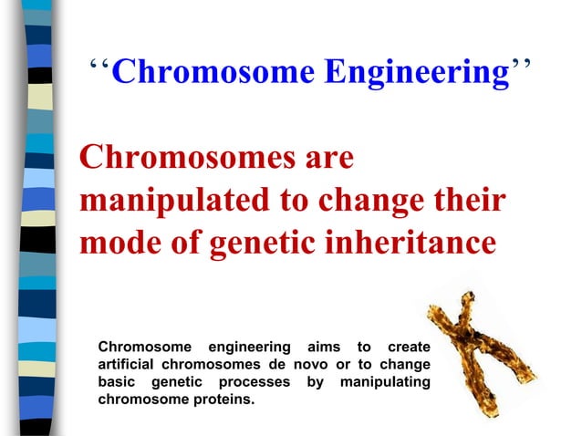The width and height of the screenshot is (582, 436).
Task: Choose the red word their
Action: (x=466, y=201)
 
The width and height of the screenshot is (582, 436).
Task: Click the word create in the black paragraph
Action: (x=409, y=347)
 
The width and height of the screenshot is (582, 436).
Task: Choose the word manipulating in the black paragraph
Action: (x=385, y=381)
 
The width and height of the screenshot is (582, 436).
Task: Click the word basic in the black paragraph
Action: (x=117, y=381)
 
